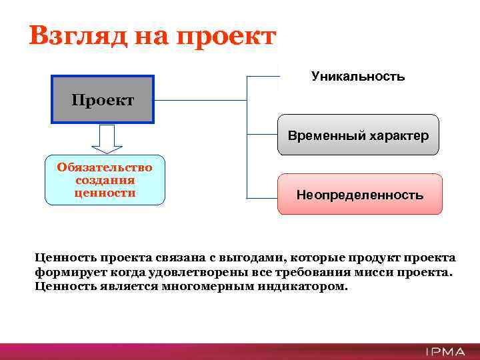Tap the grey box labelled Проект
[103, 100]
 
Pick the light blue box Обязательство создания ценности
[105, 180]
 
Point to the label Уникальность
[358, 76]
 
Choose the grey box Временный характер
[358, 135]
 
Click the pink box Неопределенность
[359, 195]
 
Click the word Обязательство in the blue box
[105, 167]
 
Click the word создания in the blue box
[105, 180]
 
